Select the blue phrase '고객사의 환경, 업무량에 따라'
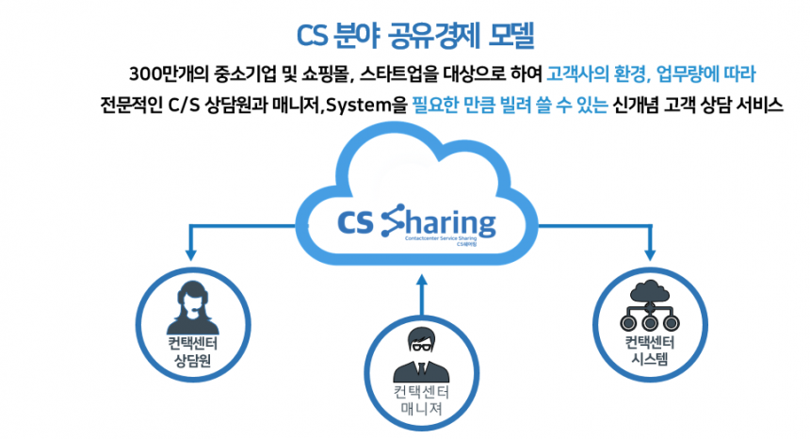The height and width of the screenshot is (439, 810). pyautogui.click(x=652, y=73)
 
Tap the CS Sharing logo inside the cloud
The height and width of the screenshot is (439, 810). pyautogui.click(x=414, y=224)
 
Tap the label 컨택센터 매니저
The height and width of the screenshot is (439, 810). pyautogui.click(x=421, y=403)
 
